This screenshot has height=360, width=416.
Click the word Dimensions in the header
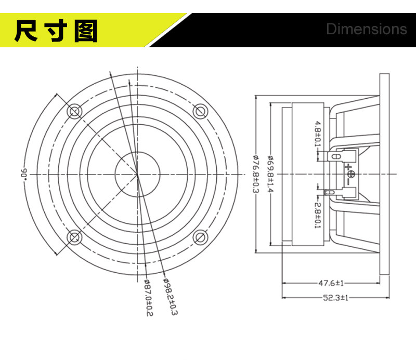coord(367,29)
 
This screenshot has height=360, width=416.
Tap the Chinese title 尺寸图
coord(56,31)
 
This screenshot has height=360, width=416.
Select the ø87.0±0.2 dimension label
coord(149,298)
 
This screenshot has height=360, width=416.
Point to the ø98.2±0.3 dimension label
coord(170,297)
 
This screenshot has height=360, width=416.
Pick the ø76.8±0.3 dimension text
coord(256,174)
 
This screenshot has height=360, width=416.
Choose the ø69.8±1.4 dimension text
coord(271,174)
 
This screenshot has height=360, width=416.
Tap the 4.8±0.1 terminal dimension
coord(318,134)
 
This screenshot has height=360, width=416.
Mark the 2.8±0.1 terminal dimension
coord(318,216)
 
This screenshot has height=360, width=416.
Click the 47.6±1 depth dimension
coord(331,283)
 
